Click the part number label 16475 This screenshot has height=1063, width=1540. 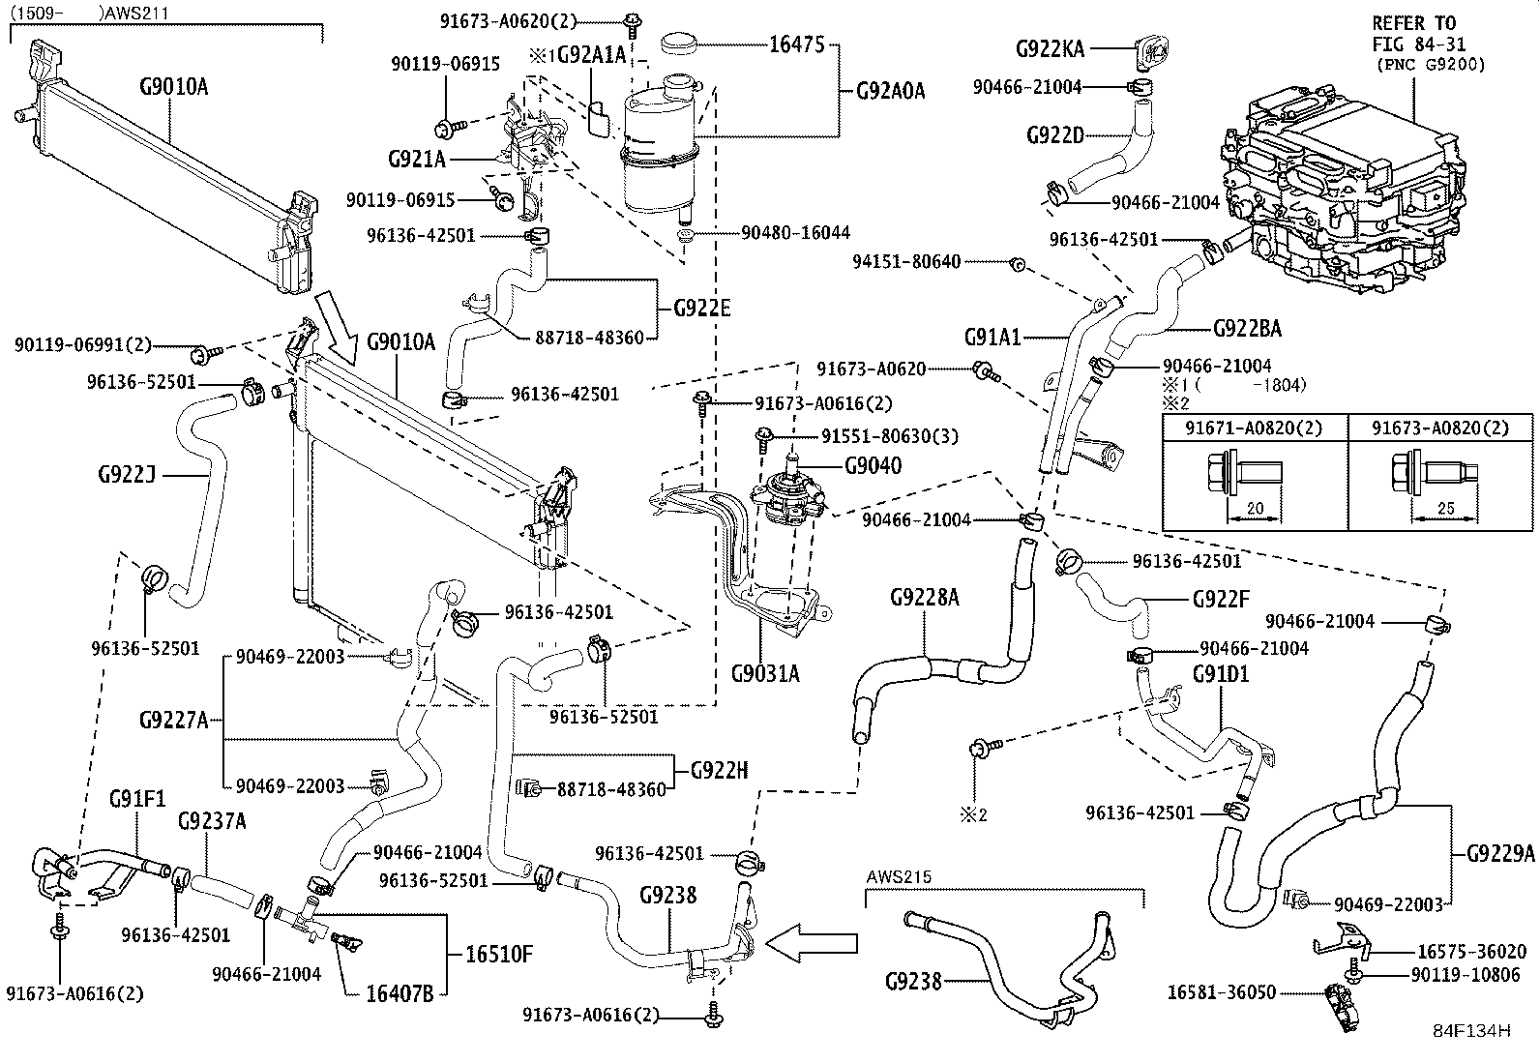click(797, 44)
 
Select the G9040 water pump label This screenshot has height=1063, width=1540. click(872, 466)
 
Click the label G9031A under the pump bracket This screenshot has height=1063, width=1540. click(765, 673)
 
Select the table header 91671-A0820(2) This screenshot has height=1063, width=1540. click(1254, 428)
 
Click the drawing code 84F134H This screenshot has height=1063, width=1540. click(1471, 1030)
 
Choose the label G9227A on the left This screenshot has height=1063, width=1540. click(173, 720)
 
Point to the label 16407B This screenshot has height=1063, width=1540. click(399, 992)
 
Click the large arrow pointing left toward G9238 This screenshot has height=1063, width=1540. click(818, 940)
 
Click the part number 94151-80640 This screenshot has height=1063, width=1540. click(906, 262)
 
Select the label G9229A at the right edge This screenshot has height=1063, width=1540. click(1500, 853)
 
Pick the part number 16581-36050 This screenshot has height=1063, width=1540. click(1221, 992)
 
